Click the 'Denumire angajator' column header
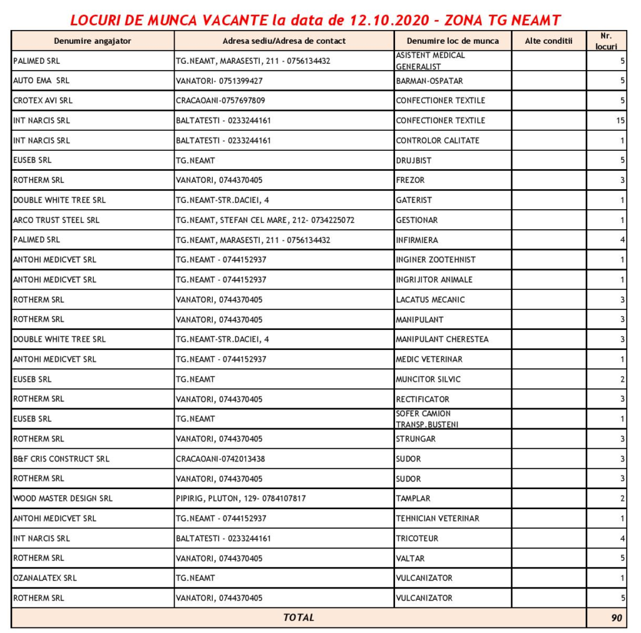(x=92, y=41)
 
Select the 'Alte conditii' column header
(x=548, y=41)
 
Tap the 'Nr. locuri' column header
(x=606, y=41)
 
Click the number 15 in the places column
(x=620, y=120)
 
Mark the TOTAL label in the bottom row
(x=299, y=617)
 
